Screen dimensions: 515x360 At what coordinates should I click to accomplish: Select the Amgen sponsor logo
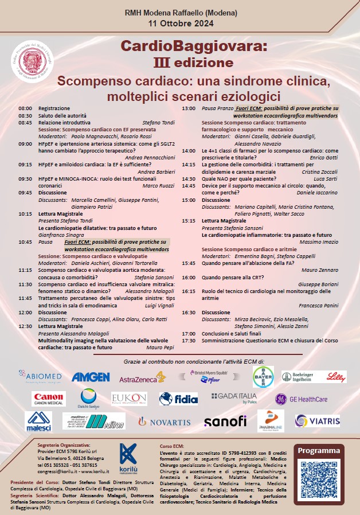coord(91,377)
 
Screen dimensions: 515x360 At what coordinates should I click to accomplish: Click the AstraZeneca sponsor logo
coord(142,377)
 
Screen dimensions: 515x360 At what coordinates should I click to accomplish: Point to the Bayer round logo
coord(264,376)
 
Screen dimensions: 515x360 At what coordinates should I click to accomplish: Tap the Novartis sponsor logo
coord(165,422)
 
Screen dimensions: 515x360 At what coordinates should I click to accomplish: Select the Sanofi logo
coord(225,422)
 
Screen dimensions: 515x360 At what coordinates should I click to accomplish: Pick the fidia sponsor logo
coord(178,399)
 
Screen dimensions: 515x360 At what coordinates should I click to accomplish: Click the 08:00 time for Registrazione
coord(25,108)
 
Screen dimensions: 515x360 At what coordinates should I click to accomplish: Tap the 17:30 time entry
coord(189,340)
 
